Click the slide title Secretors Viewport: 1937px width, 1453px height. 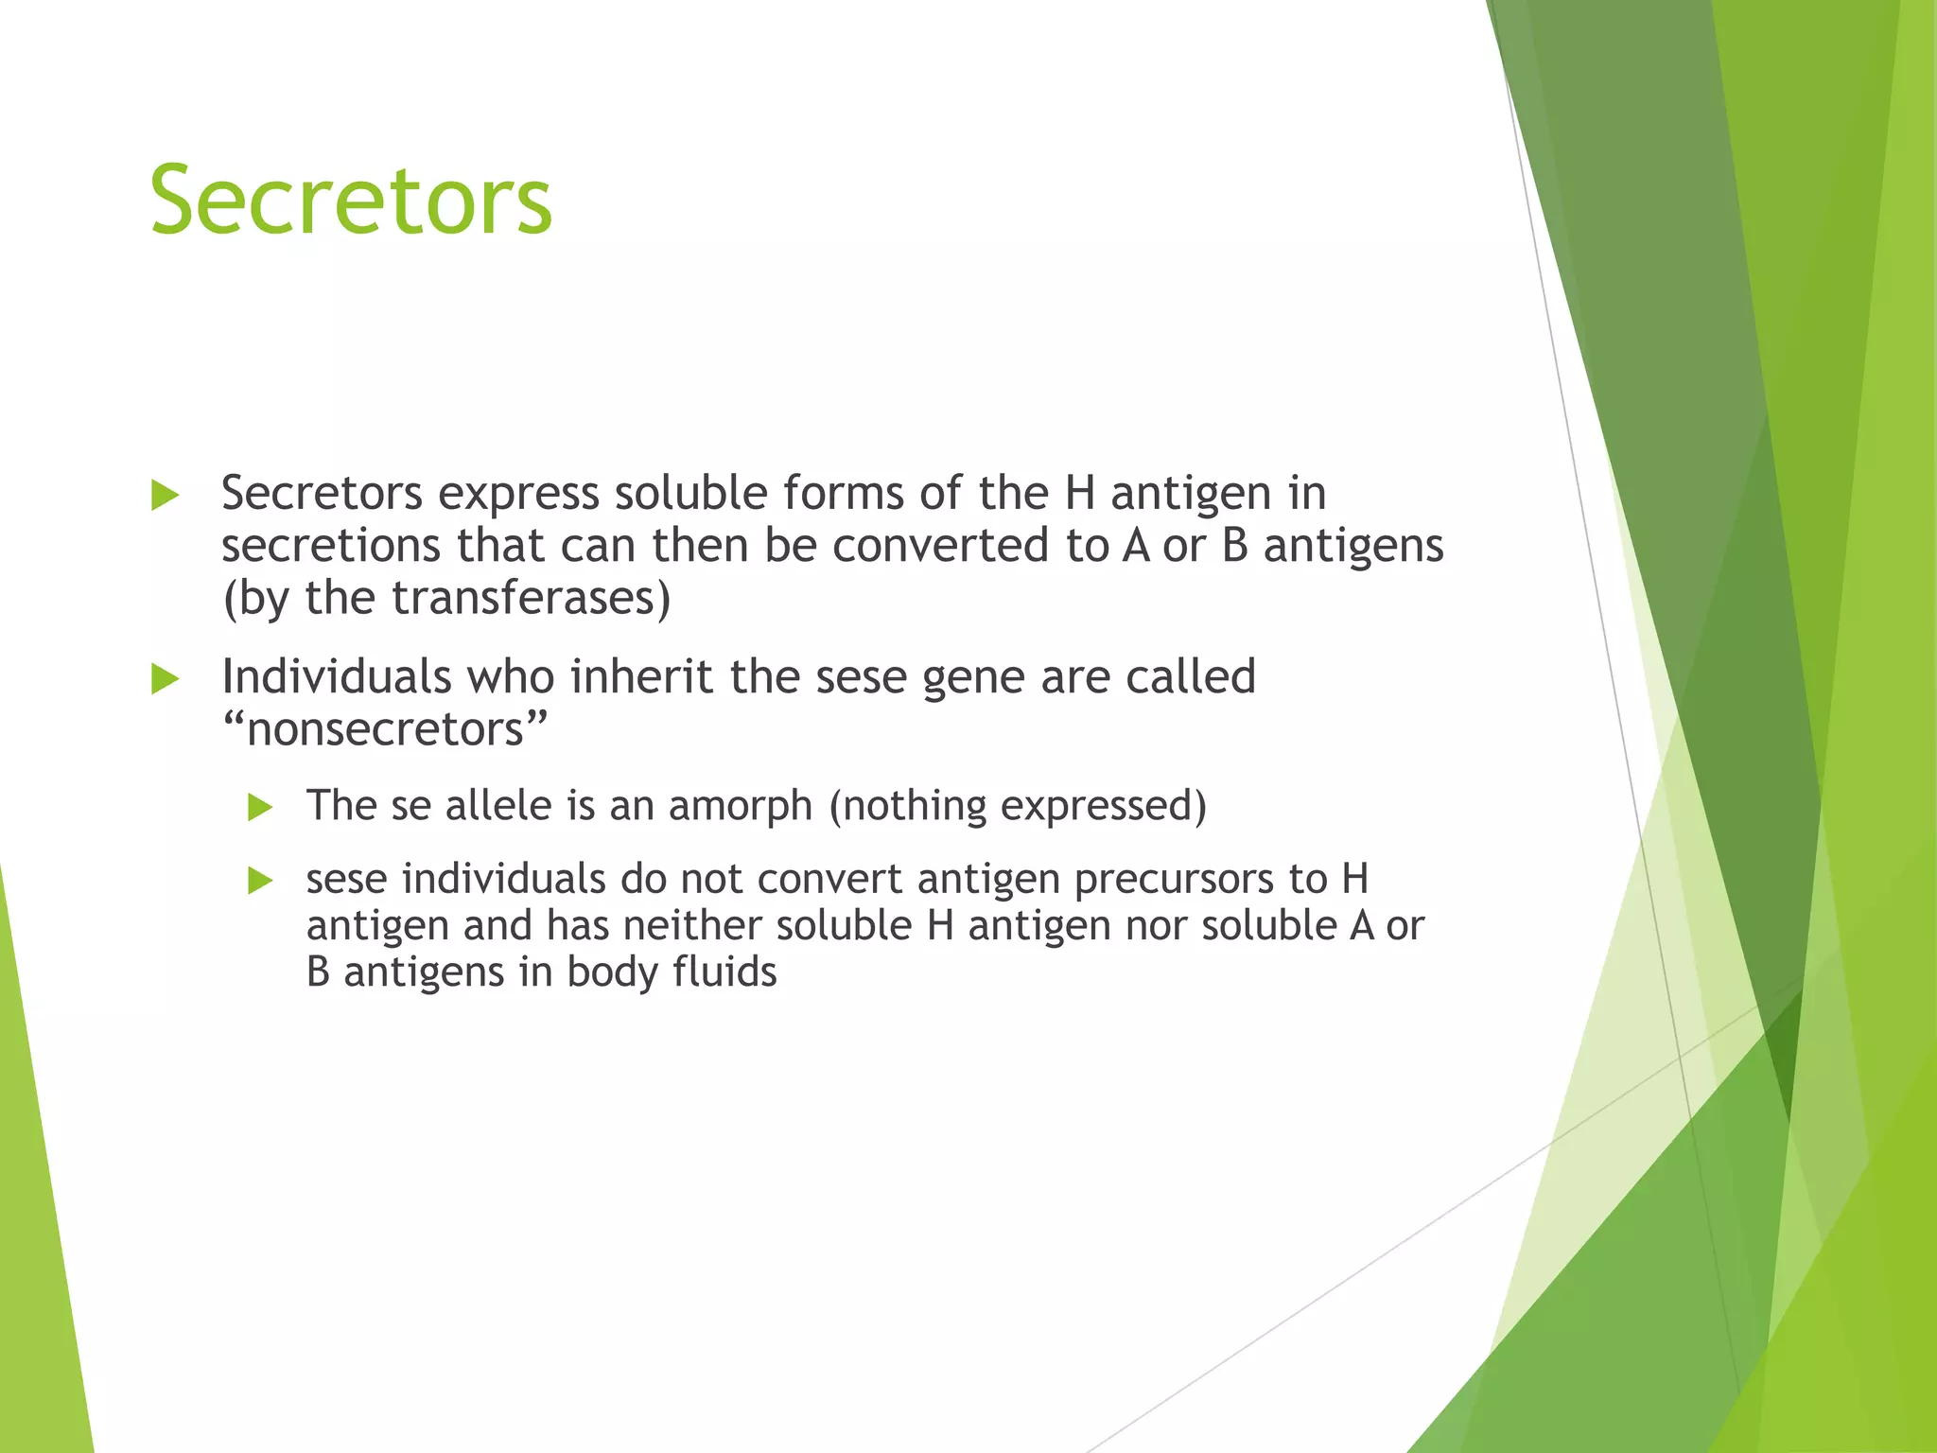(x=351, y=201)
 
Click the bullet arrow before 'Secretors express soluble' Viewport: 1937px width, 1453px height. (x=166, y=495)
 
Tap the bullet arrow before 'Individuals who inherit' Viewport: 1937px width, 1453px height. (x=166, y=678)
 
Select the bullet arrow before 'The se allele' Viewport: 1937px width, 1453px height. (x=260, y=807)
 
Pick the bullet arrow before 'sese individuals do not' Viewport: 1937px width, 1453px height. (x=260, y=881)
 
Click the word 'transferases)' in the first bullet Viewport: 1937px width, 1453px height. (x=531, y=598)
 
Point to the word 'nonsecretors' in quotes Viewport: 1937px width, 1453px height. (x=385, y=729)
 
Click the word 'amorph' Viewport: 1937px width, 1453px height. (x=741, y=806)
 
